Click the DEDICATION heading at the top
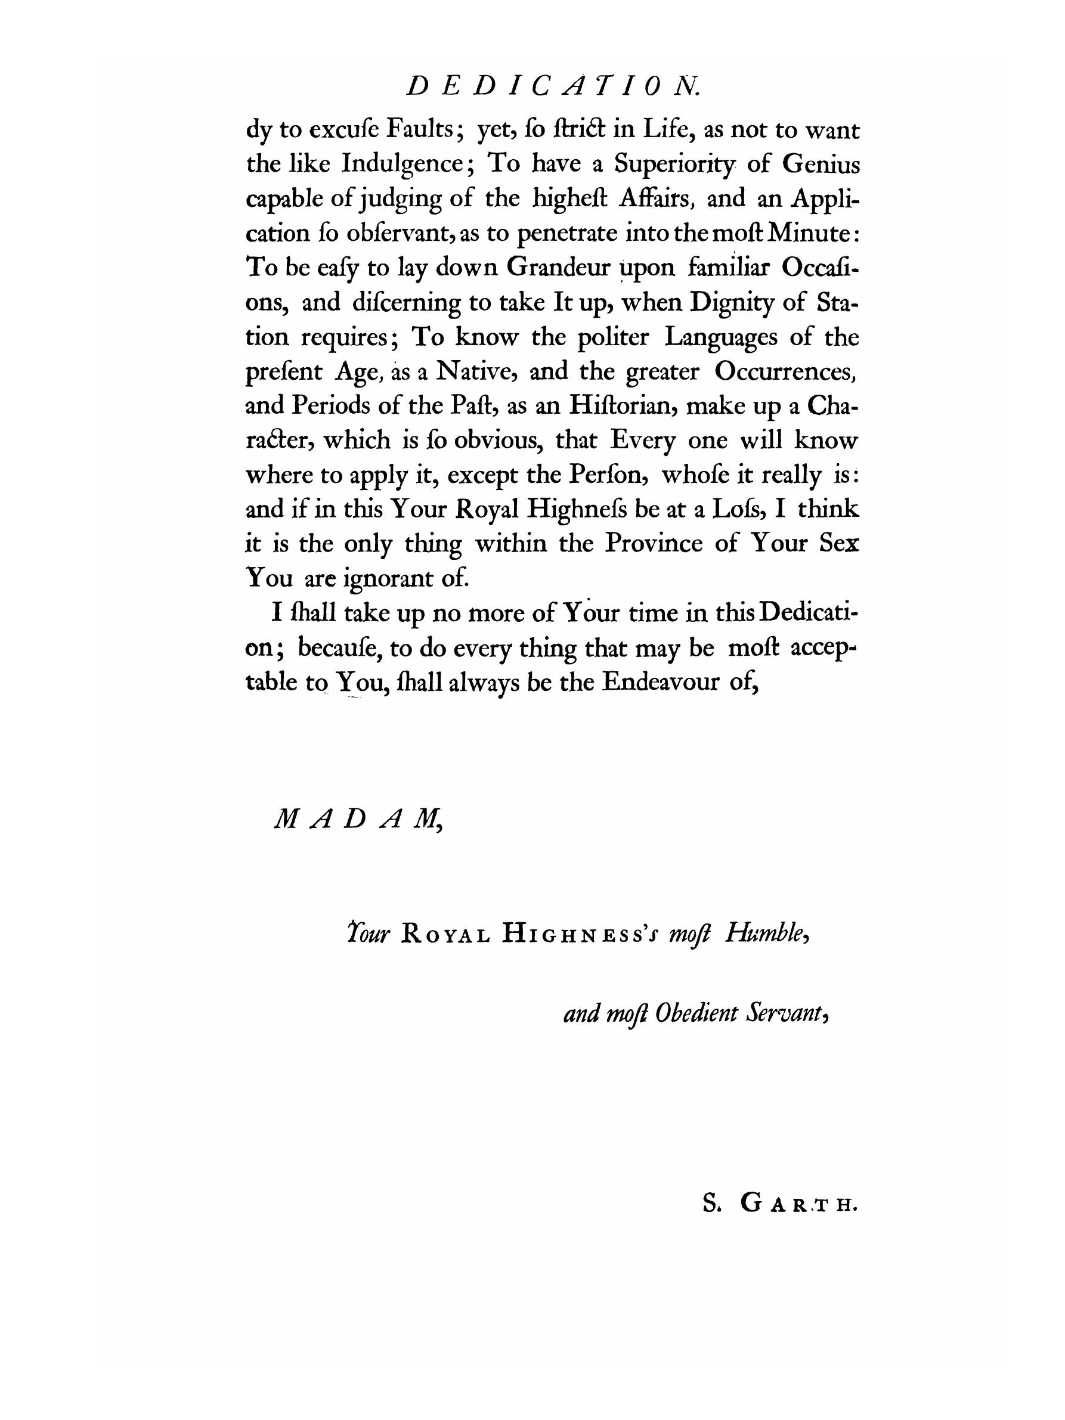[x=552, y=86]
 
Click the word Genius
[x=821, y=165]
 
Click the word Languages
[x=721, y=337]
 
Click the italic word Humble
[x=766, y=935]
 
